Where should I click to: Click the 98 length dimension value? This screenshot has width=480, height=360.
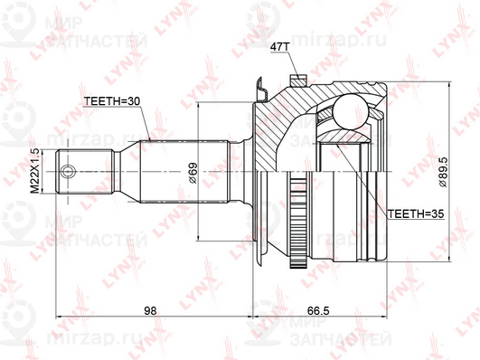pos(151,310)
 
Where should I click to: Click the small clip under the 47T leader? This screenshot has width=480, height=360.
pos(263,90)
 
